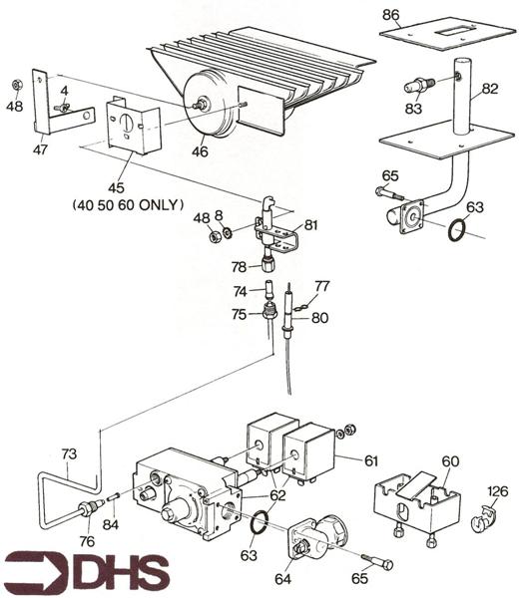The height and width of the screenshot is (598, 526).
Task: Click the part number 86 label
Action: (x=391, y=15)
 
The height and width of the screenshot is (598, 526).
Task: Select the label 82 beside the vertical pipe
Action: (x=489, y=89)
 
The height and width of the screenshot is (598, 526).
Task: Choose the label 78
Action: (x=240, y=266)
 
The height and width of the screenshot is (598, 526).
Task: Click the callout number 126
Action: (x=497, y=490)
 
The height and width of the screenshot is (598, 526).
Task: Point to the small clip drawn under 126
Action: (x=485, y=519)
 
